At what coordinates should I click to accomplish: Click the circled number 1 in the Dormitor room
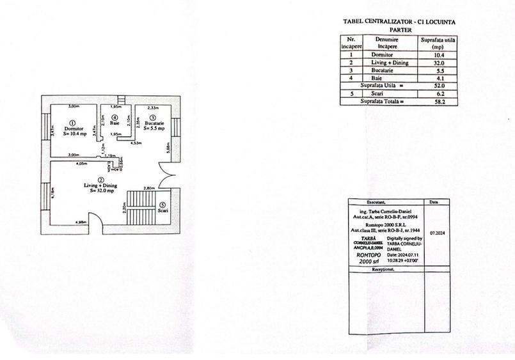point(72,123)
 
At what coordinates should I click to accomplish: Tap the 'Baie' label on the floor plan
point(115,123)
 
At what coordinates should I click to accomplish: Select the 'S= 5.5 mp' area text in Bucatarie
point(154,129)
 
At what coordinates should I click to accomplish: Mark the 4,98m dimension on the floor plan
point(81,222)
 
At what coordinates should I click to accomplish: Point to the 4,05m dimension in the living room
point(81,164)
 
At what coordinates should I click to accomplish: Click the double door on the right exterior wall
point(166,173)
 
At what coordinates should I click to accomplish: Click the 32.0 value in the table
point(438,63)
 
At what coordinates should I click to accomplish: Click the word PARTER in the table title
point(400,29)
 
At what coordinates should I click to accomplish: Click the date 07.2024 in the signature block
point(438,233)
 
